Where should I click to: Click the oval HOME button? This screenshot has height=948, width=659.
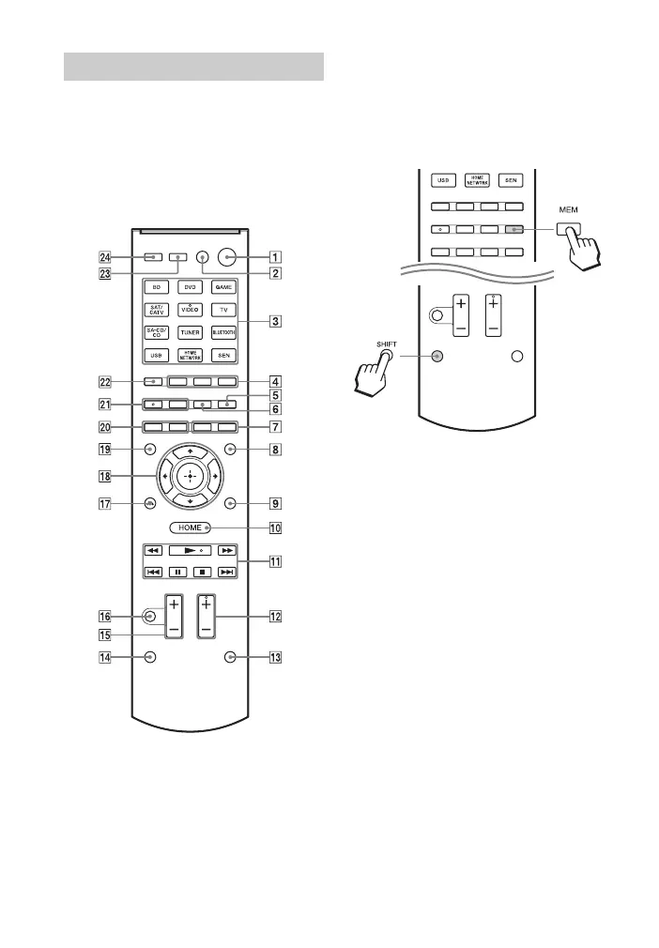pyautogui.click(x=190, y=528)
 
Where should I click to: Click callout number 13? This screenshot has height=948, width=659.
pyautogui.click(x=274, y=658)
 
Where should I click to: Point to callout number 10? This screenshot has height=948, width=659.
pyautogui.click(x=274, y=528)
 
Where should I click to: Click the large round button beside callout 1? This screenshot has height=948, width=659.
pyautogui.click(x=226, y=255)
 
